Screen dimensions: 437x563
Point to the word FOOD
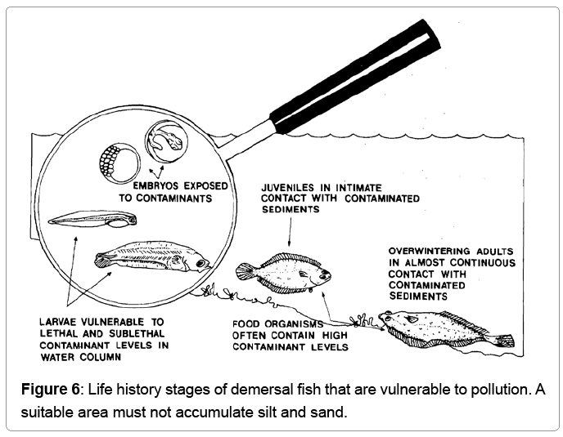(x=247, y=323)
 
